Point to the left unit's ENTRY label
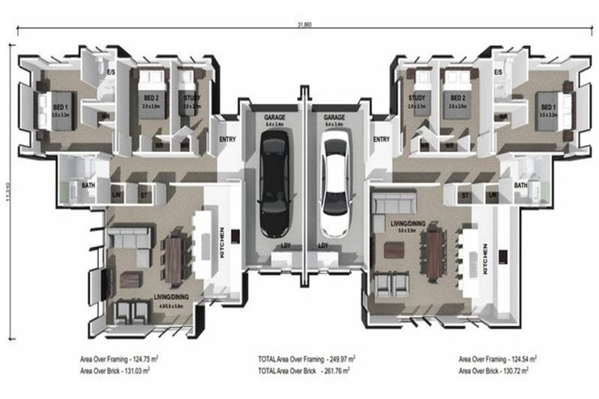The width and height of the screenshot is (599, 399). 228,139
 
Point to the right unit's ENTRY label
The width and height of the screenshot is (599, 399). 381,139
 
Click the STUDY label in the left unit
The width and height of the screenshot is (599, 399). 189,97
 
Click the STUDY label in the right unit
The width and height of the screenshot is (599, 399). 417,97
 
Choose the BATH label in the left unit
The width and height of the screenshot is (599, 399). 89,185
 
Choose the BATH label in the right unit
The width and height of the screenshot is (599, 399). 520,185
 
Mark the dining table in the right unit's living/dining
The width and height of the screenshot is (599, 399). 434,255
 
